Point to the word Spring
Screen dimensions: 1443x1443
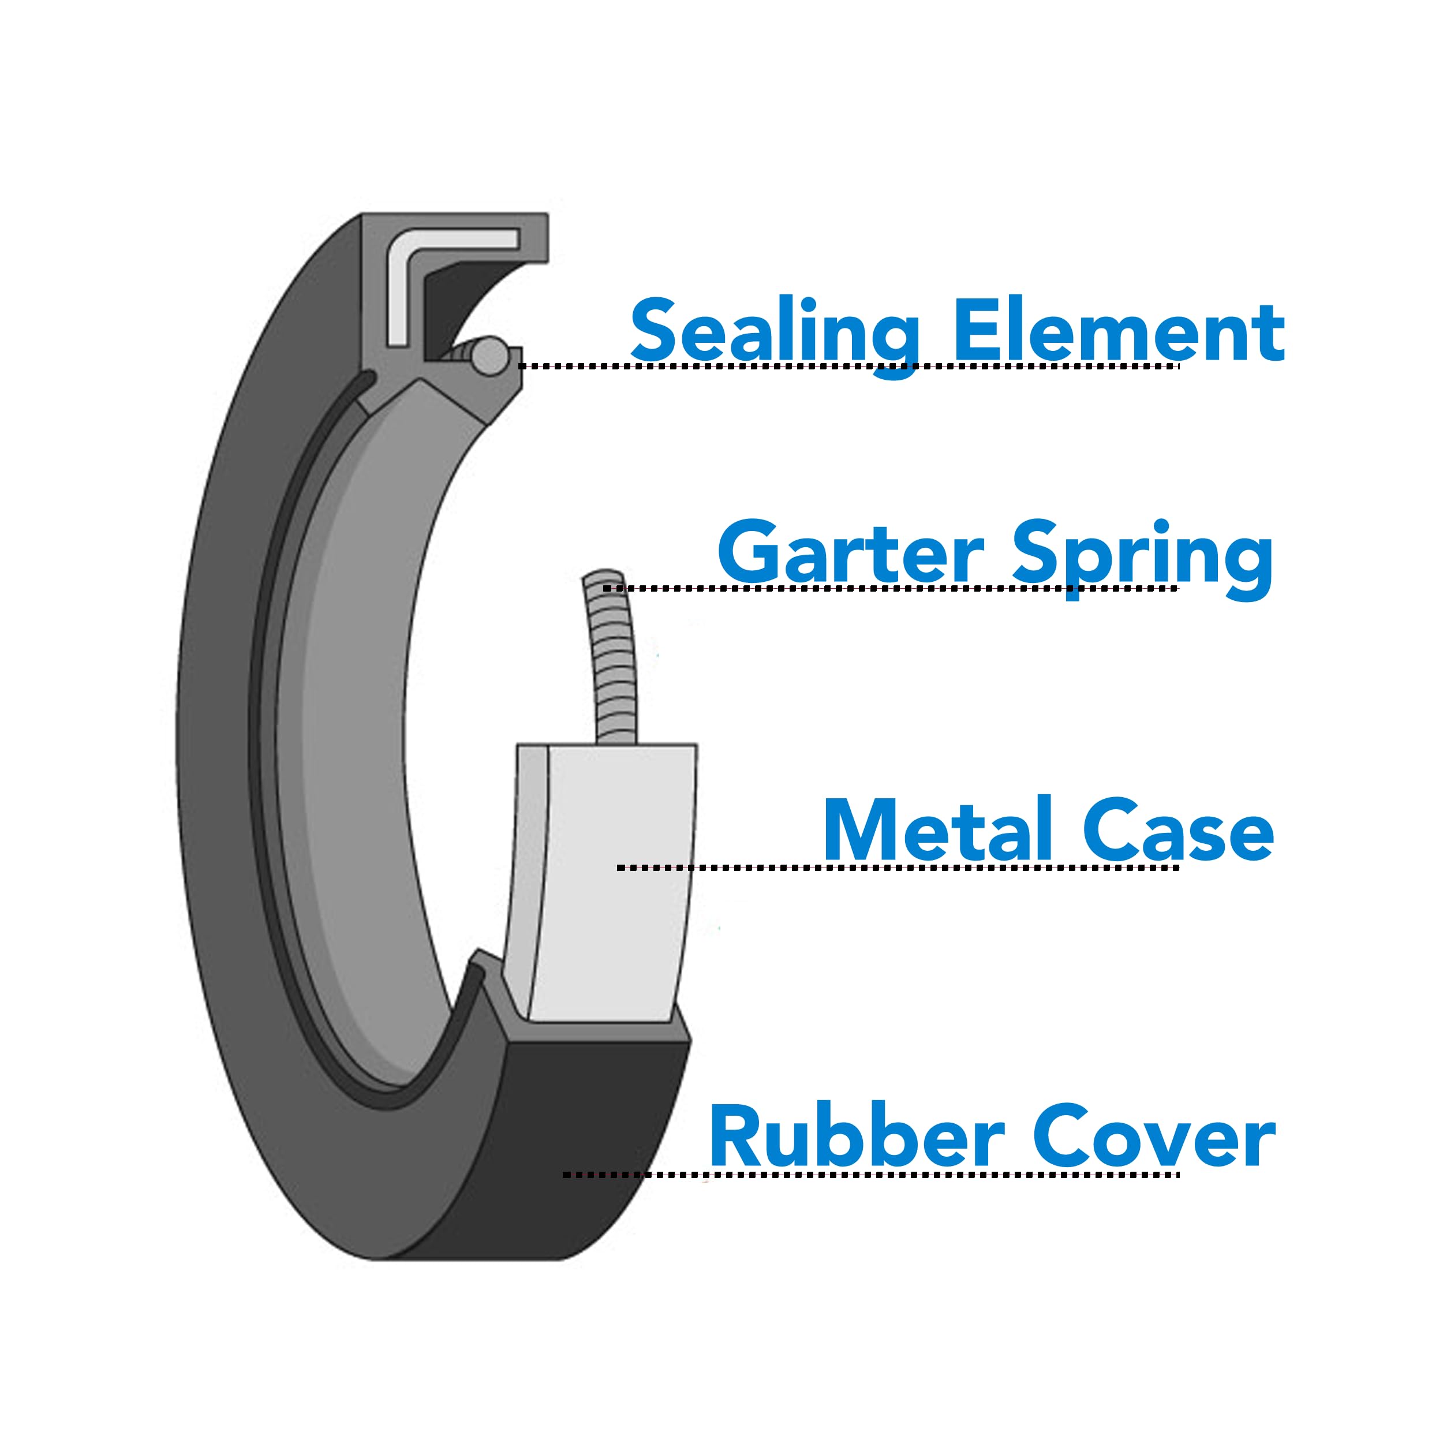pyautogui.click(x=1142, y=556)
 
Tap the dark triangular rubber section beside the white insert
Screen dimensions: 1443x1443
pyautogui.click(x=448, y=306)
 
